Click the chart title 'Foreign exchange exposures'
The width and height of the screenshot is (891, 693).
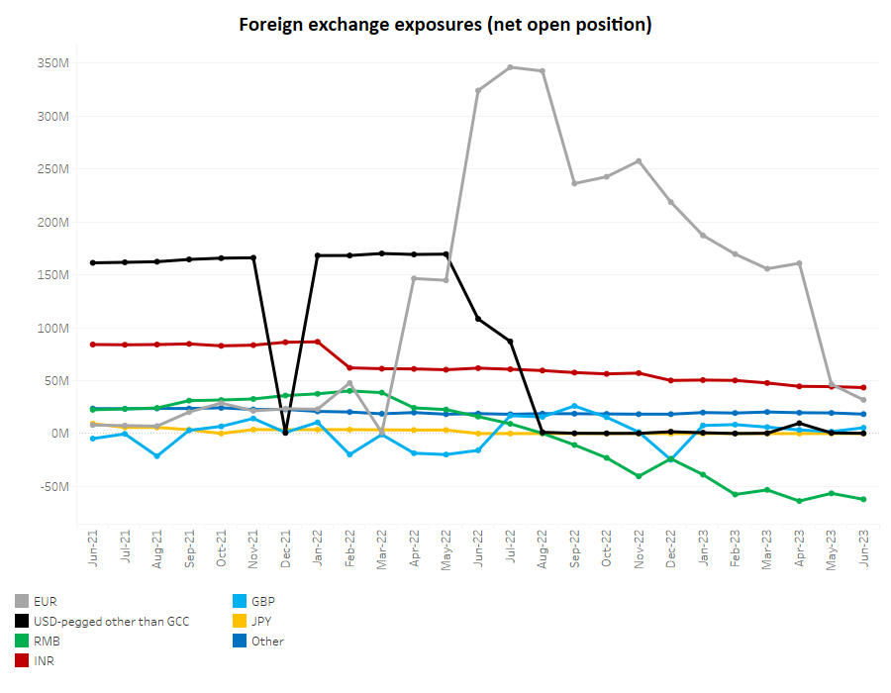click(x=445, y=25)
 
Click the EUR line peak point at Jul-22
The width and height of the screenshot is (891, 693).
click(x=511, y=67)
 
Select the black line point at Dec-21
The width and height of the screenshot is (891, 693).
click(x=285, y=433)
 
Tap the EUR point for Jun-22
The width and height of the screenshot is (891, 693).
click(x=478, y=90)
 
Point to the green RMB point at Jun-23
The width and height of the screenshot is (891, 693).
click(x=863, y=499)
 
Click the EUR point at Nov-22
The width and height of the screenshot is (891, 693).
click(x=639, y=160)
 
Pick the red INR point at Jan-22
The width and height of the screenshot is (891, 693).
click(x=318, y=342)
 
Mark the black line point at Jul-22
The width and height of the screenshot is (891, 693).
click(x=511, y=342)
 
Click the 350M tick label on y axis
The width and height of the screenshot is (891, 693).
click(x=52, y=63)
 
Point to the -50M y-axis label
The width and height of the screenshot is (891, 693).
click(x=52, y=486)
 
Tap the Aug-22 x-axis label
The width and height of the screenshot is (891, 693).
click(x=543, y=545)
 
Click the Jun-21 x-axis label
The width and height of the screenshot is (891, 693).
click(x=93, y=545)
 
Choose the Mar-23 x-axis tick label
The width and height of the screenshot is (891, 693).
click(x=767, y=545)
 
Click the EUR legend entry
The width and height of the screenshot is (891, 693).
click(x=45, y=601)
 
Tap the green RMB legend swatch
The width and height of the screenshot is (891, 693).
click(x=22, y=641)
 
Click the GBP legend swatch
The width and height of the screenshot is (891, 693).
click(x=238, y=601)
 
